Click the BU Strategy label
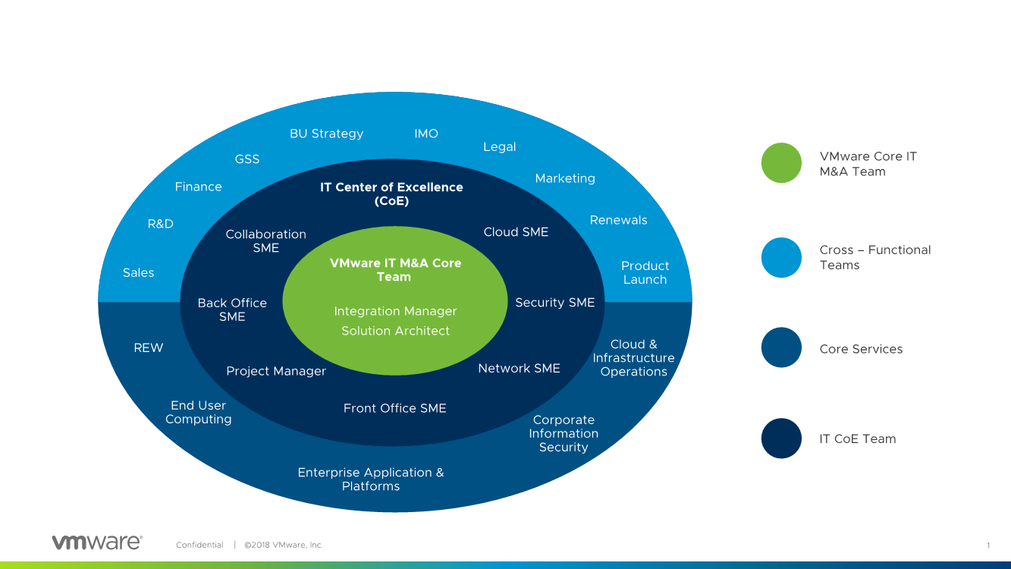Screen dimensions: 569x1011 [x=326, y=134]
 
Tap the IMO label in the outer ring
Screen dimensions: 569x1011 [x=426, y=134]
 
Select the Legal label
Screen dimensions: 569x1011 [x=499, y=146]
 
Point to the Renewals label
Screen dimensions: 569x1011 [x=618, y=220]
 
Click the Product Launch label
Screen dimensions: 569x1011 [x=645, y=272]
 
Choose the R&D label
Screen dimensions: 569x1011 [x=160, y=224]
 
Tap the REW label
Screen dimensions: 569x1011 [x=149, y=347]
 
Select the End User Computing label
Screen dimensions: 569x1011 [x=198, y=412]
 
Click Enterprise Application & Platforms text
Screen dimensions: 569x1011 [x=370, y=479]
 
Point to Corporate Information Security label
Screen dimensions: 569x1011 [x=564, y=433]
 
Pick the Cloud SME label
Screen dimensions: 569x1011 [x=516, y=232]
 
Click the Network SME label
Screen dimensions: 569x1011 [x=519, y=368]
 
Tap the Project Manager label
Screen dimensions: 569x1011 [x=276, y=371]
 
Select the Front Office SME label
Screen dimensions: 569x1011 [x=394, y=408]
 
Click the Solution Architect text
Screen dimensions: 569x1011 [x=395, y=331]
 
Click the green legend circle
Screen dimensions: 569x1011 [x=781, y=163]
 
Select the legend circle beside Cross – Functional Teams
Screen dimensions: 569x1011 [x=781, y=257]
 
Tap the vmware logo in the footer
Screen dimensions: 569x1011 [x=96, y=542]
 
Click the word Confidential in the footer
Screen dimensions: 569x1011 [x=199, y=545]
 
